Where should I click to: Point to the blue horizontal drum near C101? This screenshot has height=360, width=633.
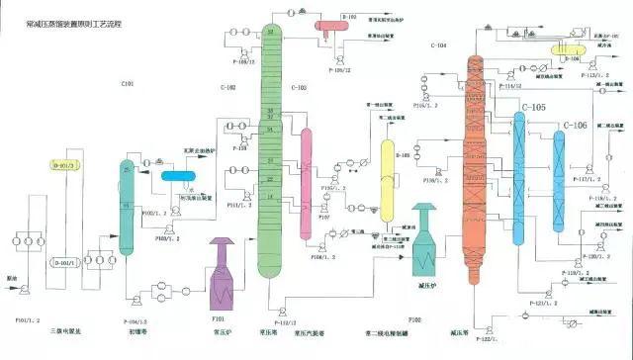(x=181, y=176)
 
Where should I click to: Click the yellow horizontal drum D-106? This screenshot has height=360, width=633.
(x=569, y=45)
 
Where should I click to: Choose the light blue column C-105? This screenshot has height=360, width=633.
(x=518, y=178)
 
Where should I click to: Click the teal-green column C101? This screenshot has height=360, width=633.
(x=127, y=203)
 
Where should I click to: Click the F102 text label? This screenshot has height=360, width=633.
(x=413, y=319)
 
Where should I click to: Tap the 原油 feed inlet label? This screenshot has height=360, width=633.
(x=12, y=278)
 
